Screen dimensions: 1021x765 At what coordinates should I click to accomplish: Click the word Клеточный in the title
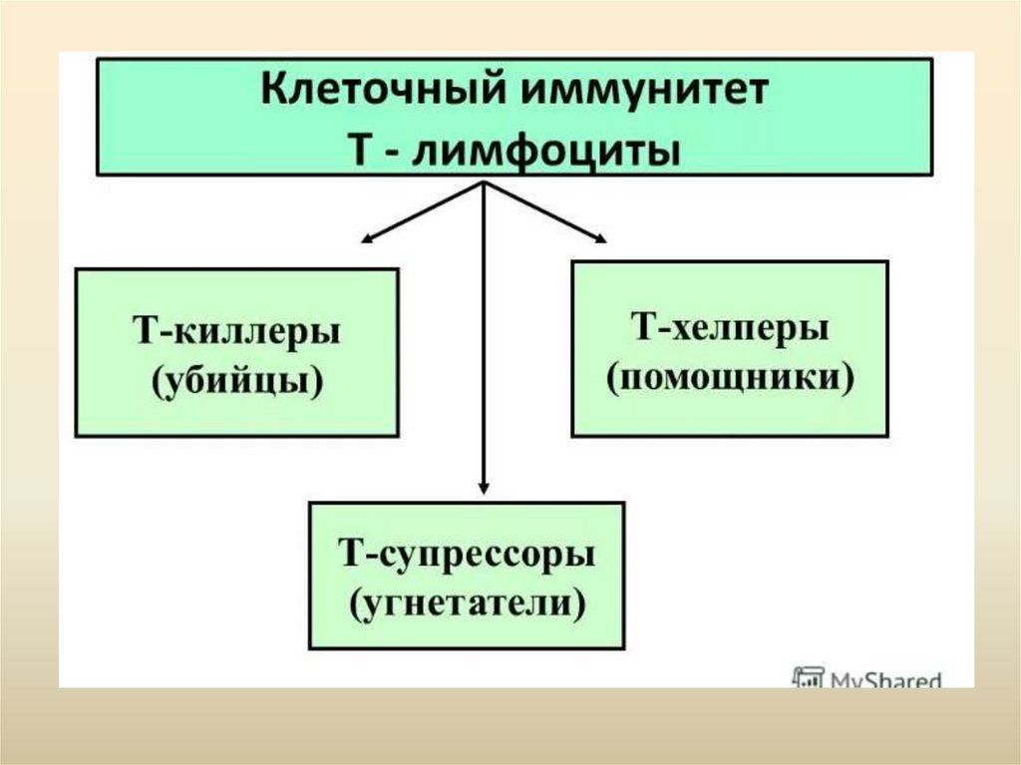coord(377,93)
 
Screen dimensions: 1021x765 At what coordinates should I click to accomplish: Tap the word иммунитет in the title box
coord(632,93)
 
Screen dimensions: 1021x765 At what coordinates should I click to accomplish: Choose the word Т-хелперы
coord(730,327)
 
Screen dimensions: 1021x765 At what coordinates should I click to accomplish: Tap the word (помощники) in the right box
coord(731,378)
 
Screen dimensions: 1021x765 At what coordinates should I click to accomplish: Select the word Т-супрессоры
coord(467,554)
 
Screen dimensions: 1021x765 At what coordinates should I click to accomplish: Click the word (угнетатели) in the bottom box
coord(467,603)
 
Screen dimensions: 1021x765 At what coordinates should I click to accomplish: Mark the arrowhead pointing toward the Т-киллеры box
coord(367,237)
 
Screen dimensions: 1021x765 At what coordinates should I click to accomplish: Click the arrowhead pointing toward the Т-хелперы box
coord(599,237)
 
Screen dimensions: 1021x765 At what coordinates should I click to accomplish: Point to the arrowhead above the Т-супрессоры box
coord(484,488)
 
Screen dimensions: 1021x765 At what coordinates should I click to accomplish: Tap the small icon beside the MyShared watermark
coord(807,677)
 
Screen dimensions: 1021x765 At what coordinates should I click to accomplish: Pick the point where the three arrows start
coord(484,184)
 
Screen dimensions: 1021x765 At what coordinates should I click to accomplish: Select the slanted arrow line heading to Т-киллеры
coord(424,210)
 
